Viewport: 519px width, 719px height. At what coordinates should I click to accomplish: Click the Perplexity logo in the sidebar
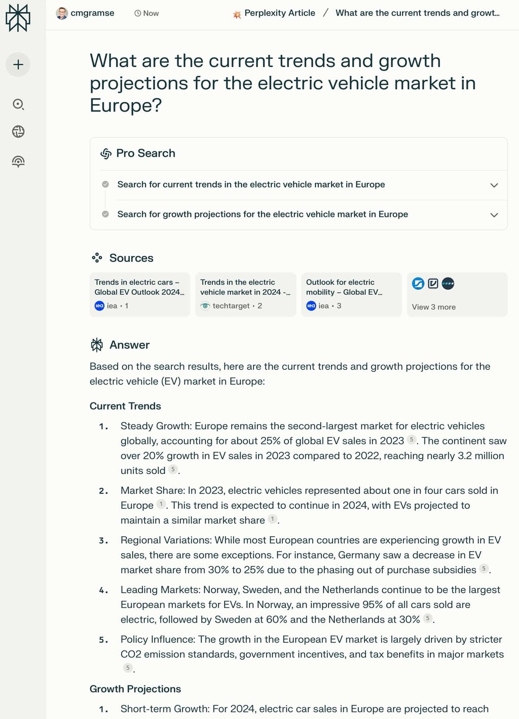click(x=18, y=18)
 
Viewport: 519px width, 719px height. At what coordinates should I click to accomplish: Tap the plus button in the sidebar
click(x=18, y=64)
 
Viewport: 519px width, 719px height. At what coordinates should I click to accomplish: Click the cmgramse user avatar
click(x=62, y=13)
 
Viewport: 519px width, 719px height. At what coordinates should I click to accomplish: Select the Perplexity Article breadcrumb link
click(x=279, y=13)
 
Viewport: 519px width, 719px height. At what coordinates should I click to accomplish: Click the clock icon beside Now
click(x=137, y=13)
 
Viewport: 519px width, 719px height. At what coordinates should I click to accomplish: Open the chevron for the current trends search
click(x=494, y=185)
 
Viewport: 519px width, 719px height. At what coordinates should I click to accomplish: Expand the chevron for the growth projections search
click(x=494, y=215)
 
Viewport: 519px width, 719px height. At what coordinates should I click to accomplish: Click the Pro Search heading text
click(x=145, y=153)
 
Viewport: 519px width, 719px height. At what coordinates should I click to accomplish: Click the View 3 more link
click(x=433, y=307)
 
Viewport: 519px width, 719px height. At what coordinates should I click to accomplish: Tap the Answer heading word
click(x=129, y=345)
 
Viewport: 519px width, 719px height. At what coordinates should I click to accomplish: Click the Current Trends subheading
click(x=125, y=406)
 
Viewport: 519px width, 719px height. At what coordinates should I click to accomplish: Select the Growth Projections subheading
click(x=135, y=689)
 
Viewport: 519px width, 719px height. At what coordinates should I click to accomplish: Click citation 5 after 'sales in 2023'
click(x=412, y=440)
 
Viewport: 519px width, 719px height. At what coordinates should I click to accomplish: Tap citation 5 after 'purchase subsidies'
click(x=484, y=569)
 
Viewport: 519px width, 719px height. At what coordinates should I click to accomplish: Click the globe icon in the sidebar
click(x=18, y=132)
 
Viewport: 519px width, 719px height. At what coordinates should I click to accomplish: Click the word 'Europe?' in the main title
click(x=126, y=106)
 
